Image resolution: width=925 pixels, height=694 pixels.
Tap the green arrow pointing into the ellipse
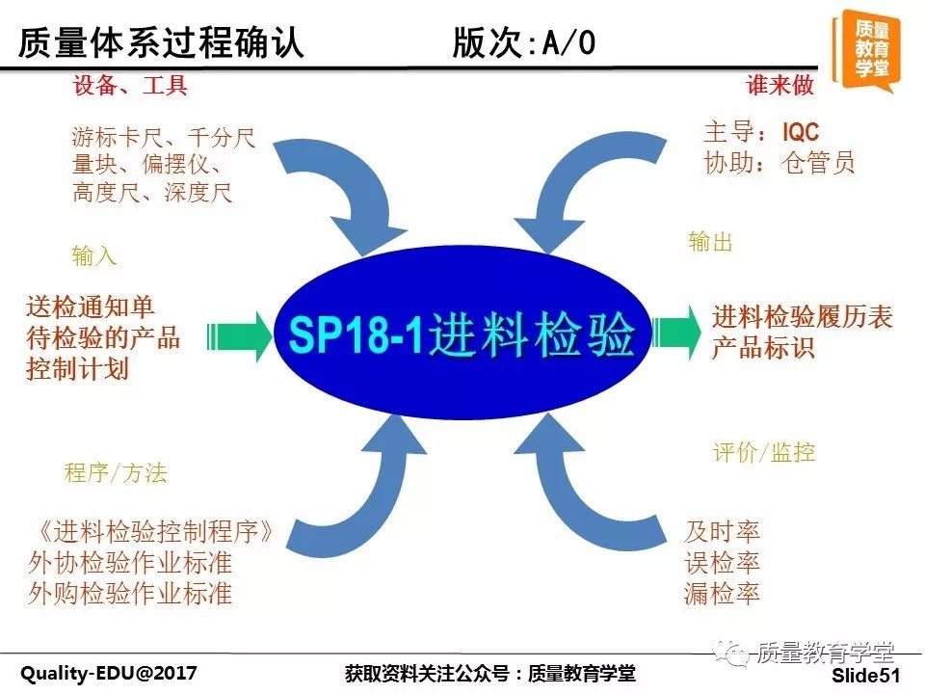point(239,337)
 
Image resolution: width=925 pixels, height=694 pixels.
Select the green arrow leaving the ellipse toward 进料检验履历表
point(676,333)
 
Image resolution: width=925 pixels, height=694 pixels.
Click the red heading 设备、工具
point(130,86)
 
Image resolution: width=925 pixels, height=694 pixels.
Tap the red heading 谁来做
point(780,85)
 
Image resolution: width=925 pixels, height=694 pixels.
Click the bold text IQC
point(801,132)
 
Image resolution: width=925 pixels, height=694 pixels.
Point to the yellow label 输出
point(710,242)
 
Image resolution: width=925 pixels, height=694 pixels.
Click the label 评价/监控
point(764,453)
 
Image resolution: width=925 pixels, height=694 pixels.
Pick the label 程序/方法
point(116,472)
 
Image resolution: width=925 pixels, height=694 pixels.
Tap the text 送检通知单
point(91,307)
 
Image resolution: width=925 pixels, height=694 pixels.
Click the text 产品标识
point(763,347)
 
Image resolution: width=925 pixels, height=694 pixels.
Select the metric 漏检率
point(722,593)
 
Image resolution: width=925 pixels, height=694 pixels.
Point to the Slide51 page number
point(866,675)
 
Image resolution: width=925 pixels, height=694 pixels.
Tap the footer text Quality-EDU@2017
point(109,673)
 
